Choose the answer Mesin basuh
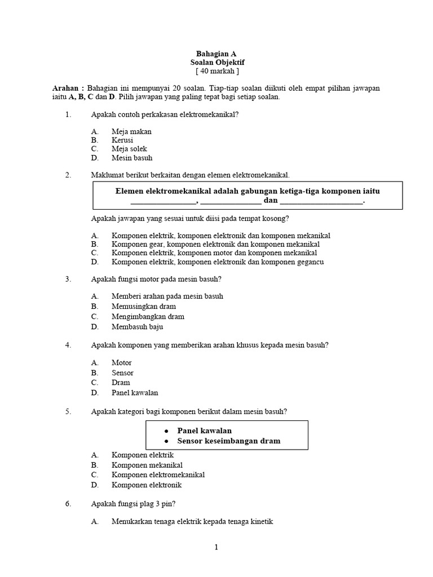132,158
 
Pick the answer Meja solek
129,149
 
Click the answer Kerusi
123,140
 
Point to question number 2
68,175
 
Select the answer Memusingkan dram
144,307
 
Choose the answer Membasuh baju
138,327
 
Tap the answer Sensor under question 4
122,373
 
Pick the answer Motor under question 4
122,363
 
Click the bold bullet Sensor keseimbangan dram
228,441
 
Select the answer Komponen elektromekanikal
158,475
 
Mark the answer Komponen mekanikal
147,465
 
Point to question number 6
68,504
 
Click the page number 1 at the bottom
216,547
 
